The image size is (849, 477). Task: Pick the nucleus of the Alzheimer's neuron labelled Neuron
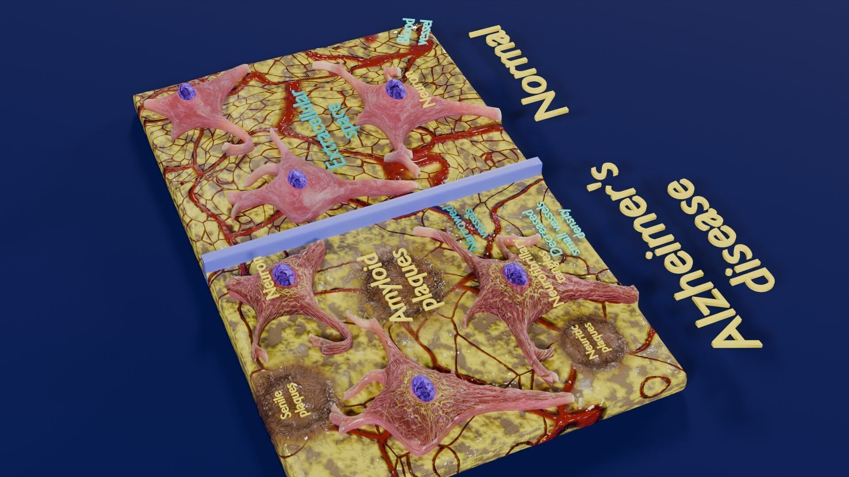click(x=283, y=274)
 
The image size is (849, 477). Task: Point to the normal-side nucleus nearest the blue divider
click(x=295, y=179)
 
